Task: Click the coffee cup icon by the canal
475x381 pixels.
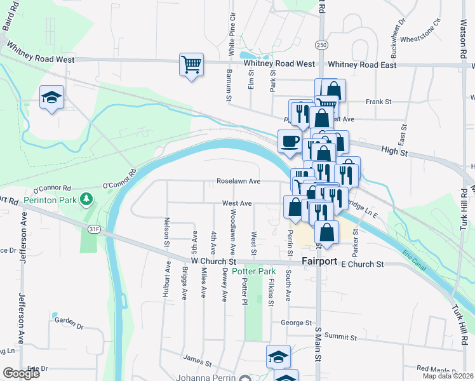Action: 290,142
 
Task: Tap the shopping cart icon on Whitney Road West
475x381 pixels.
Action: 191,64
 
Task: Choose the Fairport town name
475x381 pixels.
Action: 320,262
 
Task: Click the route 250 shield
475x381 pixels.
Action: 321,45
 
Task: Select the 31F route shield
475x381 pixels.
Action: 94,229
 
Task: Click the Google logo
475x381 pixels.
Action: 21,373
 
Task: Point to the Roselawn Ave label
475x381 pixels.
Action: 239,181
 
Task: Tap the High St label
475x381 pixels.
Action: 394,151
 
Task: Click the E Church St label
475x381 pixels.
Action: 363,264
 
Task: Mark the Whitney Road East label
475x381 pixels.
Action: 362,65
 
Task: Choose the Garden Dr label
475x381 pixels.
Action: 69,321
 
